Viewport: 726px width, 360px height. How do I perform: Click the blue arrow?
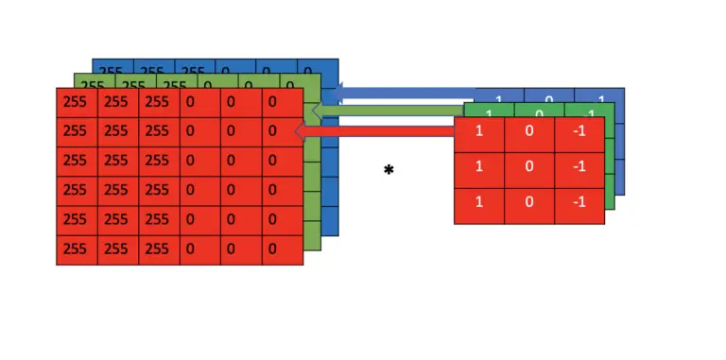[x=406, y=93]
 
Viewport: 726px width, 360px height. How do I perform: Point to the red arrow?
[x=378, y=131]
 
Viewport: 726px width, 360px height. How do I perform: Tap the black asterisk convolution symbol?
[x=389, y=171]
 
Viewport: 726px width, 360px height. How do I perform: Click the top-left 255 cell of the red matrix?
[x=77, y=102]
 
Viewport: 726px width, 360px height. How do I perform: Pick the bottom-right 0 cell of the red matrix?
[x=283, y=250]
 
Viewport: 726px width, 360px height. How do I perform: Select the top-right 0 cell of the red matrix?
[x=283, y=102]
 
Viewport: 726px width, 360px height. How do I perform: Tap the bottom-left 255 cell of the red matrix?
[x=77, y=250]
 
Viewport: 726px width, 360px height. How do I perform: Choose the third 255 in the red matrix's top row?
[x=159, y=102]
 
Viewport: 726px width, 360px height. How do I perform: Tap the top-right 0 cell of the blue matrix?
[x=317, y=69]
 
